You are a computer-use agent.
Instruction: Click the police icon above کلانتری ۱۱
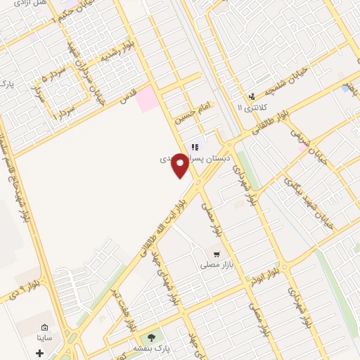[x=251, y=96]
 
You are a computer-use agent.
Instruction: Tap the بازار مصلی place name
[x=216, y=264]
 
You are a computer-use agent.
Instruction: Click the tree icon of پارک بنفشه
[x=151, y=337]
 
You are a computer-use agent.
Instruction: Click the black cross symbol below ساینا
[x=39, y=352]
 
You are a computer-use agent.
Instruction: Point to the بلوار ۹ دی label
[x=13, y=289]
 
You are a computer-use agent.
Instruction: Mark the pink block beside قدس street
[x=148, y=99]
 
